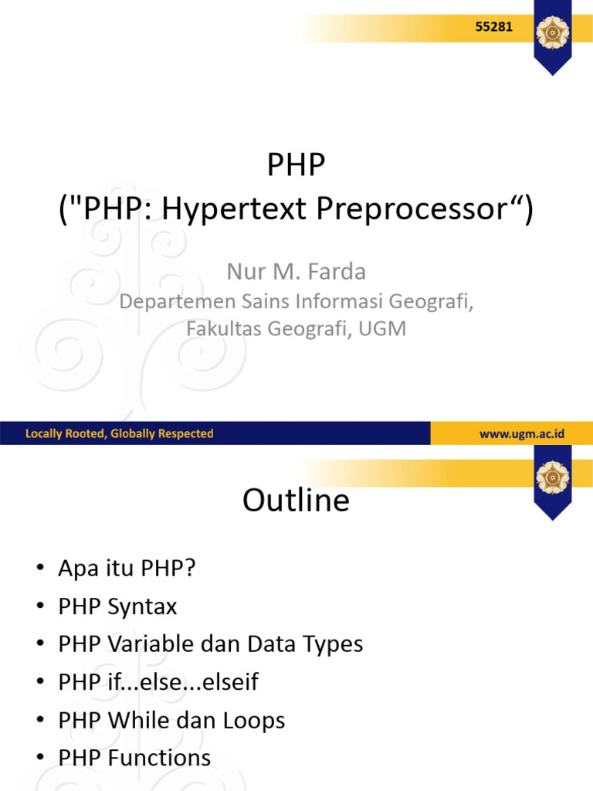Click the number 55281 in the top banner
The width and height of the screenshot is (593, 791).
coord(493,28)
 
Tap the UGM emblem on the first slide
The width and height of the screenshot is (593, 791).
coord(553,33)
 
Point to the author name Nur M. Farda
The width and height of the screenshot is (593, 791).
coord(296,272)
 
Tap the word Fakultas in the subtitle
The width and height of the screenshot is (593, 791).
coord(223,329)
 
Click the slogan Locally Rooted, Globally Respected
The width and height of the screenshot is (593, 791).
coord(119,434)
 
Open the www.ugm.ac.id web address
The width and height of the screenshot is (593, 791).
coord(521,434)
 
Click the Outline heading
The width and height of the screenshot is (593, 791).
coord(296,501)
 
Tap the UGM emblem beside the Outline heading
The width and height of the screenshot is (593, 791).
coord(553,477)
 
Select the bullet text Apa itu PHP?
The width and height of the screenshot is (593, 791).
coord(127,569)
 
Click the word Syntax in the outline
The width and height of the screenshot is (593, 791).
coord(143,607)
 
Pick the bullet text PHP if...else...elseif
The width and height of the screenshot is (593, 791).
coord(158,683)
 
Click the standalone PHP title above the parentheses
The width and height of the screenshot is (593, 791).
coord(296,165)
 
